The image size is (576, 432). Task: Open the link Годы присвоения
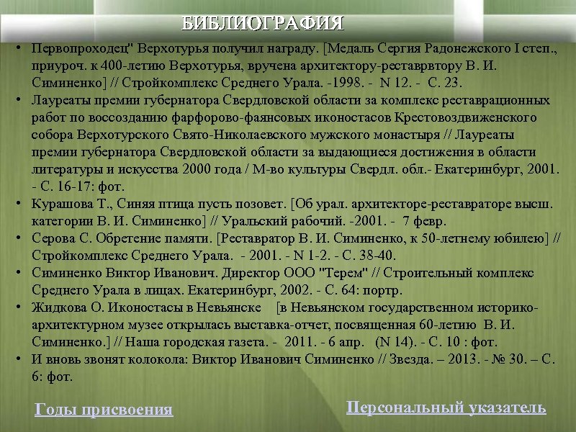coord(104,410)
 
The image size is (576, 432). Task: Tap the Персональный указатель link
coord(446,408)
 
